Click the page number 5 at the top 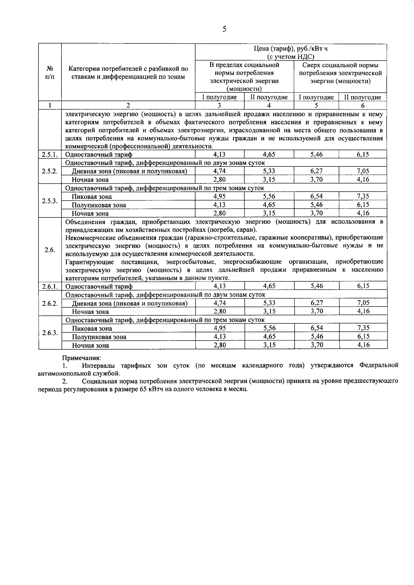pyautogui.click(x=224, y=29)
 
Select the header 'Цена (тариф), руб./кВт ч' pyautogui.click(x=290, y=49)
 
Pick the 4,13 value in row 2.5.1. pyautogui.click(x=219, y=154)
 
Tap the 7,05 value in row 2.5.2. pyautogui.click(x=363, y=171)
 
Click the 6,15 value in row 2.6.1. pyautogui.click(x=363, y=286)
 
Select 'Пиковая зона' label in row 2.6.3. pyautogui.click(x=92, y=329)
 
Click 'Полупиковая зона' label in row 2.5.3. pyautogui.click(x=99, y=205)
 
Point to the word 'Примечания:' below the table pyautogui.click(x=81, y=358)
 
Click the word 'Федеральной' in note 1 pyautogui.click(x=378, y=365)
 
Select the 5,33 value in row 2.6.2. pyautogui.click(x=269, y=303)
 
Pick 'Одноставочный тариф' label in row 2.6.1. pyautogui.click(x=99, y=286)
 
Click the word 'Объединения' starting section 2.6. pyautogui.click(x=84, y=222)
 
